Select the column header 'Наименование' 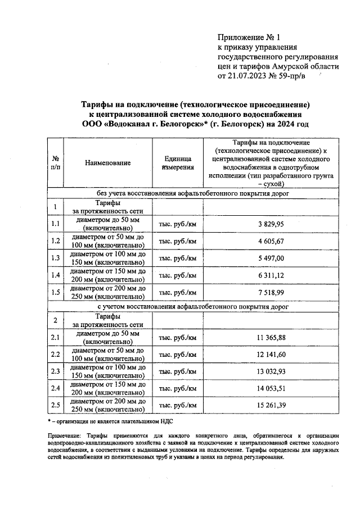108,162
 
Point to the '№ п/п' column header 56,162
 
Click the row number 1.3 55,258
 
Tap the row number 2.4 55,388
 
